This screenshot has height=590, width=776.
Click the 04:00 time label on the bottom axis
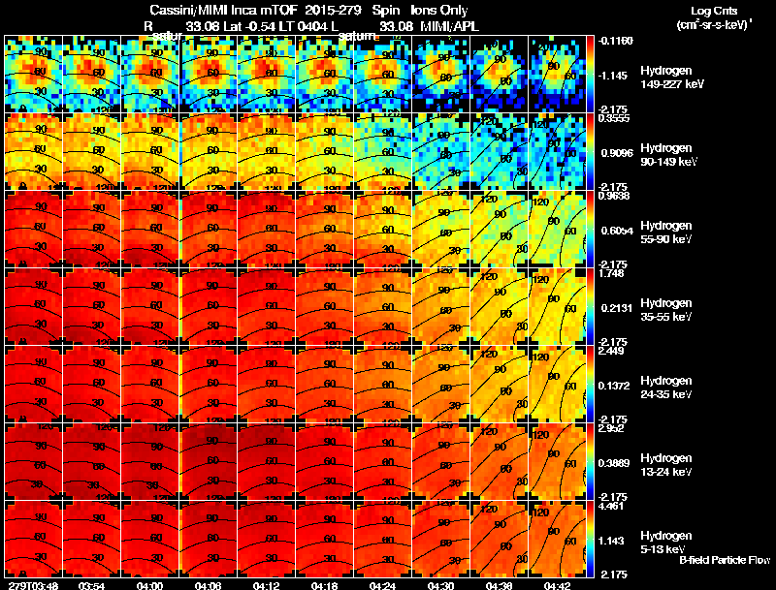coord(149,584)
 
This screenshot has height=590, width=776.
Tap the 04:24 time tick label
coord(382,584)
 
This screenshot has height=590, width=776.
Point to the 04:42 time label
coord(557,584)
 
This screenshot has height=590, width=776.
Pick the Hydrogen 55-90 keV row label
coord(668,233)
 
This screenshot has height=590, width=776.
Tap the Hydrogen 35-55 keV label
coord(668,310)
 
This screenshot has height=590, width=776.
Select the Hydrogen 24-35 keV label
coord(668,388)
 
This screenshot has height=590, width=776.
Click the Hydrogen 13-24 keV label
coord(668,465)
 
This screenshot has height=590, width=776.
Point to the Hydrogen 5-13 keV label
coord(666,543)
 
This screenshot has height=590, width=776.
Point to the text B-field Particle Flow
coord(725,560)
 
